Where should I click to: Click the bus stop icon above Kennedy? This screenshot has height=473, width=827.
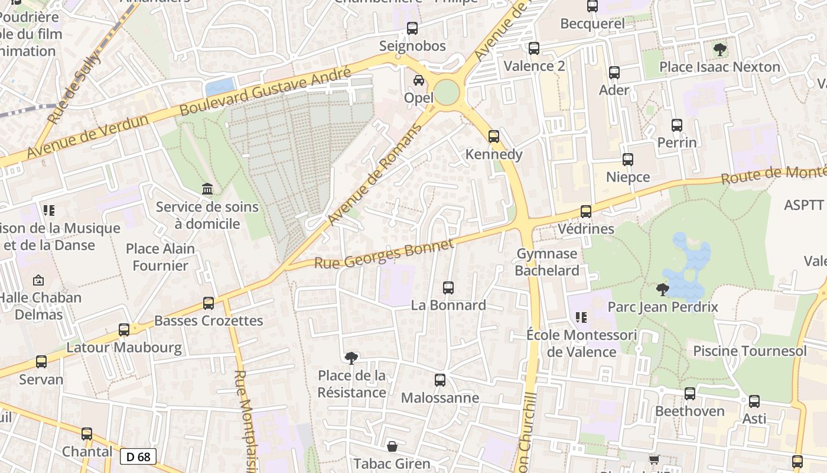[494, 137]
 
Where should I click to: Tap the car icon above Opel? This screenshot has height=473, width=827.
[419, 80]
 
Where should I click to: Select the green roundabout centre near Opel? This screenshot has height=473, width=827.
[447, 92]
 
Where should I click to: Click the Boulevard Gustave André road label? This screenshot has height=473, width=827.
[265, 90]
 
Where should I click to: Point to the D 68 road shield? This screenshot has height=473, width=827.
[139, 456]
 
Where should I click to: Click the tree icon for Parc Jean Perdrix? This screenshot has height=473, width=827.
[663, 289]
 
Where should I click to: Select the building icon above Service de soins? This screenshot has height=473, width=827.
[207, 189]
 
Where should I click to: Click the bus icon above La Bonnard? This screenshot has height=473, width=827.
[448, 288]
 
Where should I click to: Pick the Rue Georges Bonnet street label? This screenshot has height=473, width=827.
[384, 254]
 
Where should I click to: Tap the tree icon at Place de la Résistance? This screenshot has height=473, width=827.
[351, 358]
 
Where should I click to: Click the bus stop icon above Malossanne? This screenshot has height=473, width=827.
[440, 380]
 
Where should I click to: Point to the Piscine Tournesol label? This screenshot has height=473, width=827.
[750, 351]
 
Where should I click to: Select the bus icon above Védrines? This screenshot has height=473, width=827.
[586, 211]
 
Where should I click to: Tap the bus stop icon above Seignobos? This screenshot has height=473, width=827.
[412, 28]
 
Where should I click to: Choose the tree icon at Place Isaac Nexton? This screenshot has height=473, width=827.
[719, 50]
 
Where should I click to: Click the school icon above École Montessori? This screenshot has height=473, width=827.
[581, 318]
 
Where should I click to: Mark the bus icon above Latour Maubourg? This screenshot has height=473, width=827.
[124, 329]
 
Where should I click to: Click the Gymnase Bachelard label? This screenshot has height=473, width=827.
[548, 262]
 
